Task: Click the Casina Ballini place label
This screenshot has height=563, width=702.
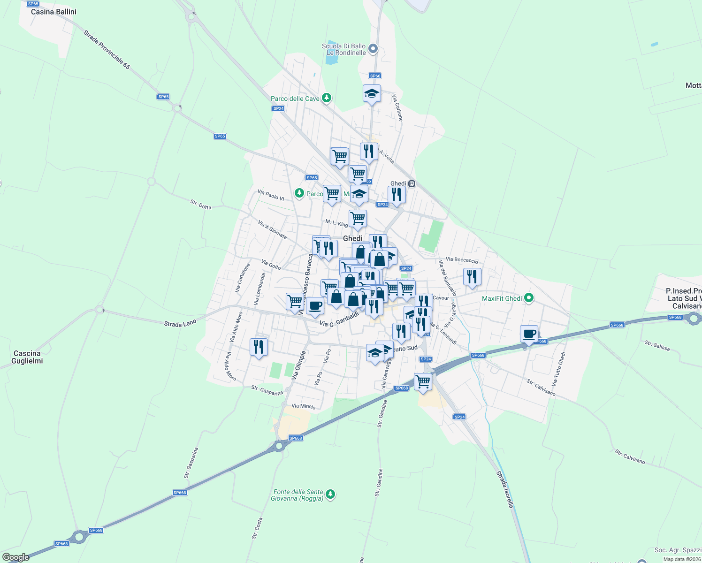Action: pyautogui.click(x=53, y=12)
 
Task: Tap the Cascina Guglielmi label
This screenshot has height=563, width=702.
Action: pyautogui.click(x=27, y=357)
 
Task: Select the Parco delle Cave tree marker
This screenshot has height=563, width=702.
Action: pyautogui.click(x=327, y=98)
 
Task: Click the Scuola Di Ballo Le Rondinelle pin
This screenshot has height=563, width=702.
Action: pyautogui.click(x=373, y=48)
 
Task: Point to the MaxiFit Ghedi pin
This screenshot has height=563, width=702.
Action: pyautogui.click(x=529, y=298)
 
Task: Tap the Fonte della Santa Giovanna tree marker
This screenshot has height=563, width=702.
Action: pyautogui.click(x=331, y=494)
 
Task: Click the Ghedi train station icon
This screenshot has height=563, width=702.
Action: pyautogui.click(x=412, y=184)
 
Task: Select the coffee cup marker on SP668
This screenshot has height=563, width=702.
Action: pyautogui.click(x=529, y=335)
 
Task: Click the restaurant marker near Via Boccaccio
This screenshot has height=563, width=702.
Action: pyautogui.click(x=472, y=277)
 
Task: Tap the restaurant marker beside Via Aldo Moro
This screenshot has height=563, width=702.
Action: pyautogui.click(x=259, y=347)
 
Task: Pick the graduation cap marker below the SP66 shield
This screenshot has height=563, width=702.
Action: pyautogui.click(x=372, y=94)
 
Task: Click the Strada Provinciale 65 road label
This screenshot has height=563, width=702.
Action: pyautogui.click(x=107, y=50)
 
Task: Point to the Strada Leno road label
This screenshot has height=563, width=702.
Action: pyautogui.click(x=180, y=323)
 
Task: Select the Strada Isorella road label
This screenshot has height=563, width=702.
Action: pyautogui.click(x=505, y=490)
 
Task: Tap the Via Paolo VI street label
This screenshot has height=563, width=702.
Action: pyautogui.click(x=271, y=195)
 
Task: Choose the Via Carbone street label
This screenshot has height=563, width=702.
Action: pyautogui.click(x=397, y=108)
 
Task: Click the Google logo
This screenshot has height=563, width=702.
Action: pyautogui.click(x=16, y=557)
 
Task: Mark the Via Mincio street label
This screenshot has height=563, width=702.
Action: pyautogui.click(x=304, y=406)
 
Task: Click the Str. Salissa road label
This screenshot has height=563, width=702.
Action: pyautogui.click(x=657, y=346)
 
